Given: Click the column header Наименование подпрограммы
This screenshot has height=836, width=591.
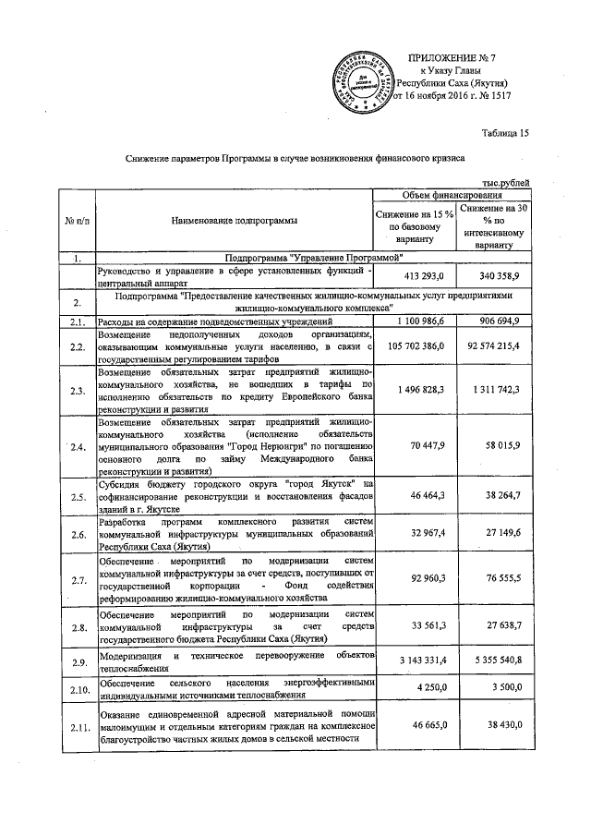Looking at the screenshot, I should [x=235, y=221].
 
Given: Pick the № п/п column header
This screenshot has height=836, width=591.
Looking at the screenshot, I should [x=78, y=221].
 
